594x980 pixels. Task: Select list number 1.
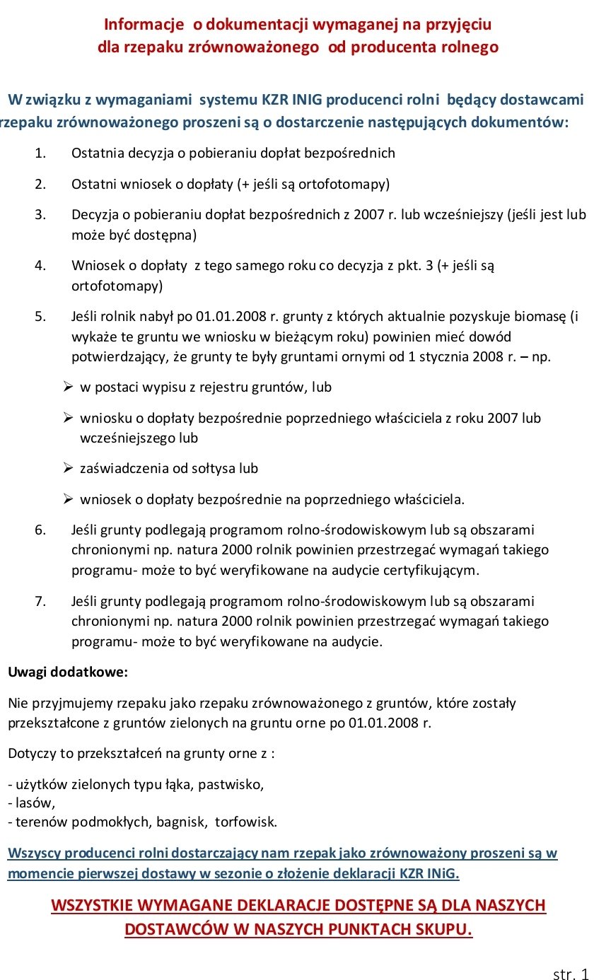40,153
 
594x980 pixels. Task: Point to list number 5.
40,316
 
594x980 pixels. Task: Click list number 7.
40,602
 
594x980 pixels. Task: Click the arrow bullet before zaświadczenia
68,468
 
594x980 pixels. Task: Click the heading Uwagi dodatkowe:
68,672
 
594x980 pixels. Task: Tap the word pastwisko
237,785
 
